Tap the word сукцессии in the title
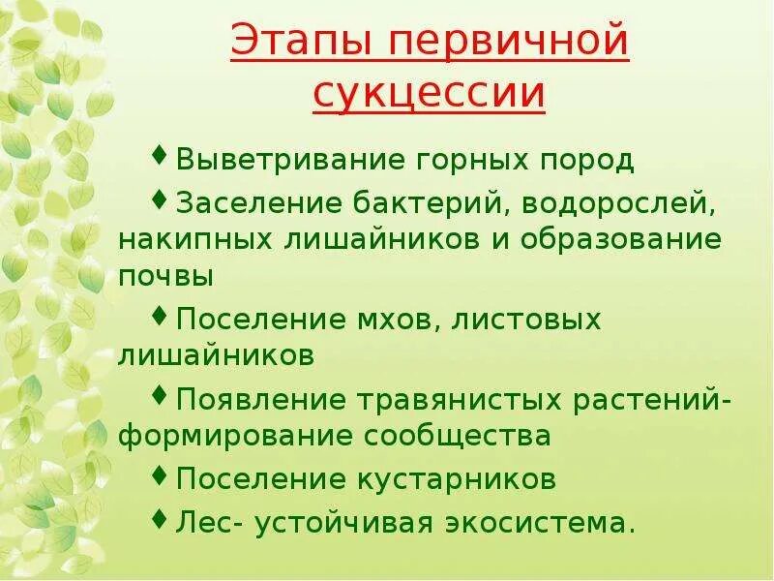(430, 95)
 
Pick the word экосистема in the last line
(541, 524)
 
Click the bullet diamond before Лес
(160, 521)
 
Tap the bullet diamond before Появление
(160, 395)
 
